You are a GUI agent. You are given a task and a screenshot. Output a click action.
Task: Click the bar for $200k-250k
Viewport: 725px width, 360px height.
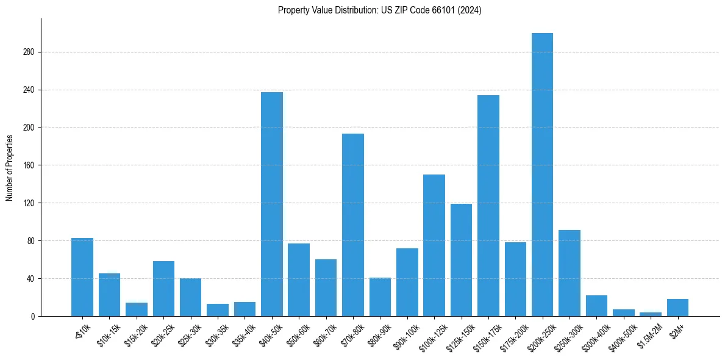point(542,175)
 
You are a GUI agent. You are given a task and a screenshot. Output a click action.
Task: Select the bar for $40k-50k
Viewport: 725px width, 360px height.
point(272,204)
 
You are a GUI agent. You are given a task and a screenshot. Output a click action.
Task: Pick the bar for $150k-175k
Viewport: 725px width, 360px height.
point(488,206)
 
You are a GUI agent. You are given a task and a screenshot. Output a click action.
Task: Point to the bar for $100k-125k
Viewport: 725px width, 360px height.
point(434,245)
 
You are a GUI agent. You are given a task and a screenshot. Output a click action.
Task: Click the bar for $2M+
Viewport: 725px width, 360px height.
point(677,308)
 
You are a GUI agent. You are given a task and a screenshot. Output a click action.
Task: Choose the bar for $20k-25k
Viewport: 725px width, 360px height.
point(163,289)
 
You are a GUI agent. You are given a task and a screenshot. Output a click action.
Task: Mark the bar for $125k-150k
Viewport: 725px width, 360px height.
point(461,260)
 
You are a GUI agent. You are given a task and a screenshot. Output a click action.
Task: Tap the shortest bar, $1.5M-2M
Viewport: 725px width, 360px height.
point(651,314)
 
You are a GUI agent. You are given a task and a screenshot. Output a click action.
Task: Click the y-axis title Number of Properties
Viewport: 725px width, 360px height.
point(10,167)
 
